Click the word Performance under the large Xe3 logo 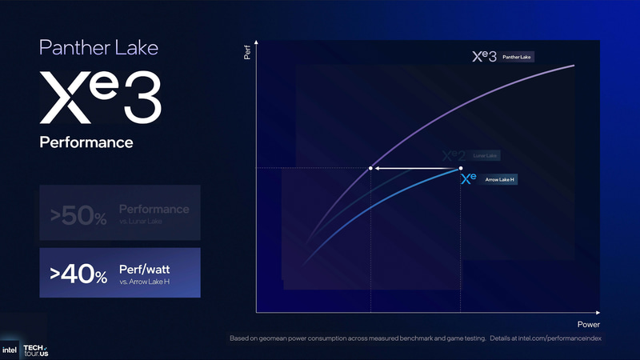[x=86, y=142]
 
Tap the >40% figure [x=78, y=274]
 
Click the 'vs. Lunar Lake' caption [x=140, y=222]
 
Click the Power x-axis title [x=588, y=324]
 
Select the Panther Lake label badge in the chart [x=518, y=58]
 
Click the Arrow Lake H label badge [x=499, y=180]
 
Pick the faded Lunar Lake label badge [x=486, y=155]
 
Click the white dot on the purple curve [x=370, y=169]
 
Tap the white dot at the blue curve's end [x=461, y=169]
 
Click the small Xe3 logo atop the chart [x=485, y=57]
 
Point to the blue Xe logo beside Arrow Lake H [x=469, y=179]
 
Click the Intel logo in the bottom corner [x=10, y=350]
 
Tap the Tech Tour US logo [x=35, y=349]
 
